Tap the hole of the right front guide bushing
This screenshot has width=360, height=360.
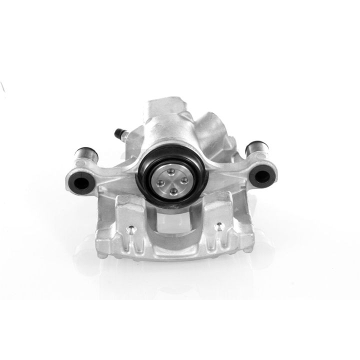click(260, 175)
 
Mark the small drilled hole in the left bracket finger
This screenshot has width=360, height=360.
click(129, 230)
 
